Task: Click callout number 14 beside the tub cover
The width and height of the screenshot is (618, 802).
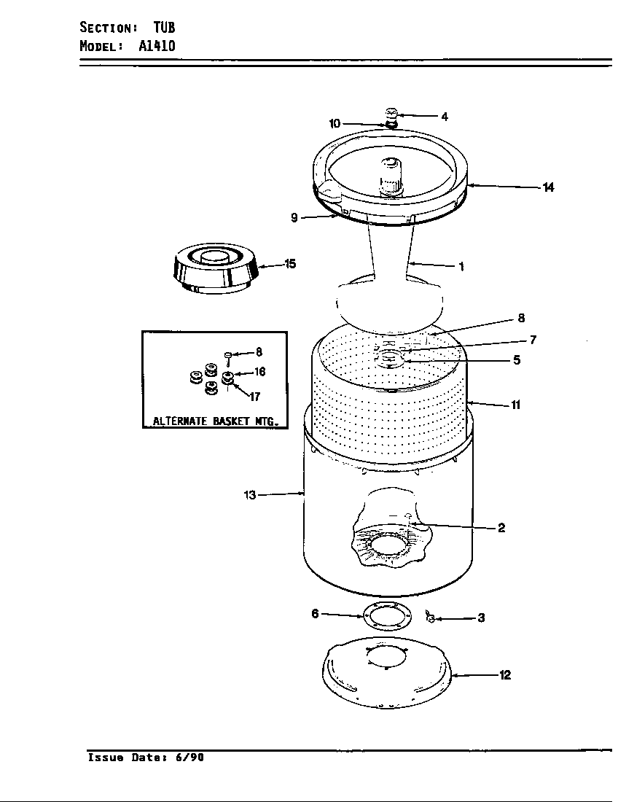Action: tap(548, 187)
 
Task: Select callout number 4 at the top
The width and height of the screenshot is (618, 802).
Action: tap(444, 116)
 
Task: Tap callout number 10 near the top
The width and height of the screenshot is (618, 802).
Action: tap(335, 124)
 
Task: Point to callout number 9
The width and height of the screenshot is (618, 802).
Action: tap(294, 217)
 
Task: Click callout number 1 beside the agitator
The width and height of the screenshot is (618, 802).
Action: tap(461, 266)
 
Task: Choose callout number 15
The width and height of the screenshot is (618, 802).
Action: tap(290, 264)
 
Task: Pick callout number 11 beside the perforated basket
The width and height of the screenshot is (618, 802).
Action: tap(515, 405)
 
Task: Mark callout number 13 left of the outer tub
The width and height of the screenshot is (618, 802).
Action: tap(250, 495)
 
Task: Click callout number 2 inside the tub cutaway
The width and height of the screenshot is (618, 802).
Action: tap(501, 528)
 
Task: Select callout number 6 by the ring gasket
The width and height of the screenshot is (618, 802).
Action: tap(316, 614)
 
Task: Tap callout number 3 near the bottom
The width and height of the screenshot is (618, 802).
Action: tap(481, 618)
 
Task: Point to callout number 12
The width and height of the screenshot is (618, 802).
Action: tap(504, 675)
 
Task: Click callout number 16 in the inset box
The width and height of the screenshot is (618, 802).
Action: tap(259, 372)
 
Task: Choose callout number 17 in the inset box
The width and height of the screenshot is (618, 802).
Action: tap(254, 397)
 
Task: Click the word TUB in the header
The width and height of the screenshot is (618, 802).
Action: tap(164, 28)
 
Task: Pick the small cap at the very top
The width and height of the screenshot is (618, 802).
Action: tap(392, 114)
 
